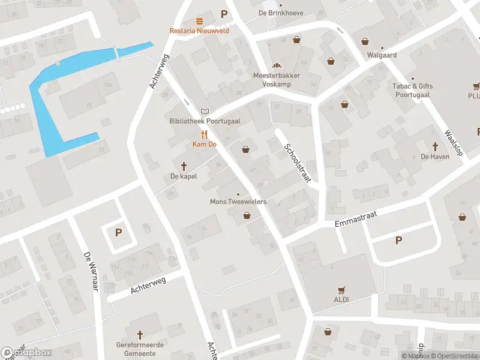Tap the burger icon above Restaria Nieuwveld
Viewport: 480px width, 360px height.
199,20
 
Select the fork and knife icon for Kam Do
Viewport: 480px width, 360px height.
204,134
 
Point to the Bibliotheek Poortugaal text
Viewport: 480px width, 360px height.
205,121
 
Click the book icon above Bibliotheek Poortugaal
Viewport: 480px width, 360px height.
205,111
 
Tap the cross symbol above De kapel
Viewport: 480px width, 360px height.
184,166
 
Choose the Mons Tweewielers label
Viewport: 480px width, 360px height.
238,202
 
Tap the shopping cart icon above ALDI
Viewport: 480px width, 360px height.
341,289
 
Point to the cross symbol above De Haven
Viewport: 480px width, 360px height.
436,146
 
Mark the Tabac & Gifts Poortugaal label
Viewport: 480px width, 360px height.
412,90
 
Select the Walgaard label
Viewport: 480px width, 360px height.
382,54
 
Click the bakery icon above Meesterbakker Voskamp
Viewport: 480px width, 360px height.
277,66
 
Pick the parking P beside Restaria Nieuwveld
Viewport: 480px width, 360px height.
224,14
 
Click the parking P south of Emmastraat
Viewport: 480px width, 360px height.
398,240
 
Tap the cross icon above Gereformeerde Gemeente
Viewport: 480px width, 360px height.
140,334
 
